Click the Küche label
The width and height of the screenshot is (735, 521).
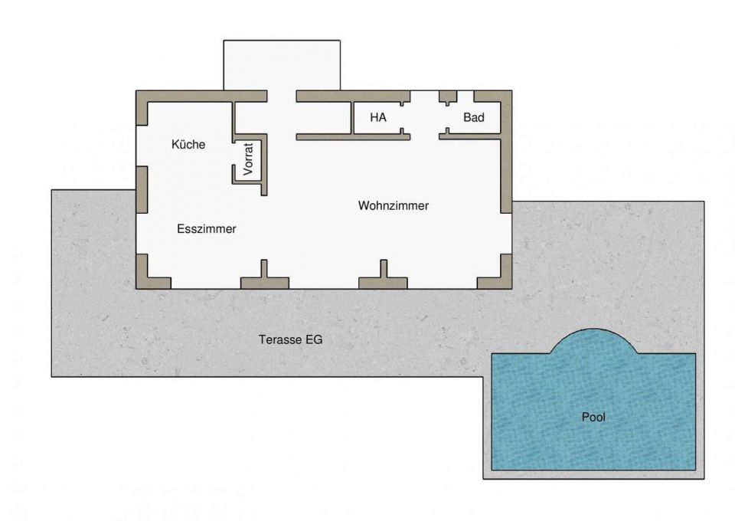click(x=188, y=145)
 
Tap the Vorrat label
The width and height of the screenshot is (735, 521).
click(x=248, y=159)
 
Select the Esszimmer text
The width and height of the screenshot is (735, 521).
click(x=206, y=229)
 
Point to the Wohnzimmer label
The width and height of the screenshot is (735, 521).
click(x=394, y=205)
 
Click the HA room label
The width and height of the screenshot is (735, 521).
click(x=378, y=117)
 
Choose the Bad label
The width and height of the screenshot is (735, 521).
click(x=474, y=117)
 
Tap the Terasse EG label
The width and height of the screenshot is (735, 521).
click(x=291, y=339)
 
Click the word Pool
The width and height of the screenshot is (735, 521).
click(x=593, y=417)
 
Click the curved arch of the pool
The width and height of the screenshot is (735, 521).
click(x=593, y=329)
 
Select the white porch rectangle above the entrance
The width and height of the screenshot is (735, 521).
click(x=282, y=65)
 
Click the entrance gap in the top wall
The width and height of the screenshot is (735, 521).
click(x=282, y=96)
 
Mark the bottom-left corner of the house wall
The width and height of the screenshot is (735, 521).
click(x=136, y=288)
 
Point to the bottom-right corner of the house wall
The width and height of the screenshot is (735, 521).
click(x=511, y=288)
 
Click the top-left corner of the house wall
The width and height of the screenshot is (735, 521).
click(x=136, y=91)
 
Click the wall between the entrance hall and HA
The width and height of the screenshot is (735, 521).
click(x=352, y=118)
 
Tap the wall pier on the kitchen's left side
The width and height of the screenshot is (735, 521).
click(x=142, y=189)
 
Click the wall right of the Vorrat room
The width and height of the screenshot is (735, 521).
click(x=264, y=165)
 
